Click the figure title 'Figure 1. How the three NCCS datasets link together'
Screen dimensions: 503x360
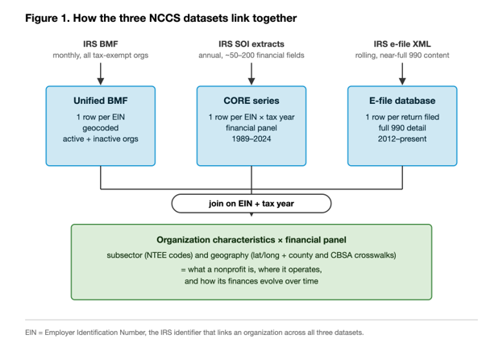click(x=160, y=19)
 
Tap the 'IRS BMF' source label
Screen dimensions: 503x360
click(x=101, y=44)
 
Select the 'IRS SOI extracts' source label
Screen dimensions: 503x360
click(x=251, y=44)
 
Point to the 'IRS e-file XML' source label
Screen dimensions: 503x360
click(x=402, y=44)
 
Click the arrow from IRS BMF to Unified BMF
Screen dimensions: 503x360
click(x=101, y=74)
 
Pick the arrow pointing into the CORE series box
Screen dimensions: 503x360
click(x=251, y=74)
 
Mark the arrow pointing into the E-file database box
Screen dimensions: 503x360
click(x=402, y=74)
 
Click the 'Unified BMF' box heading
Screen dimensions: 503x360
click(x=101, y=101)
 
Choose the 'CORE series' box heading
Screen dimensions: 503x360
click(x=251, y=101)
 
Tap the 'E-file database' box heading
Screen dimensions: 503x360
click(x=402, y=101)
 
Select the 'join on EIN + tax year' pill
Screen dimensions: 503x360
click(x=251, y=204)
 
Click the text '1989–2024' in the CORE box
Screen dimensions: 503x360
click(x=251, y=139)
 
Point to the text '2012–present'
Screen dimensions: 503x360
click(x=402, y=139)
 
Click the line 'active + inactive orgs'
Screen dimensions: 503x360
click(x=101, y=139)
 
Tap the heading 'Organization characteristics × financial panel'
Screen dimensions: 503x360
click(x=251, y=240)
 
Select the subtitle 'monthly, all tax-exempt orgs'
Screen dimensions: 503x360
click(x=101, y=56)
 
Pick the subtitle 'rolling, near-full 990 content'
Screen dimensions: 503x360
click(x=402, y=56)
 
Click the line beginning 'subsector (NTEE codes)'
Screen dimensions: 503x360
click(x=251, y=255)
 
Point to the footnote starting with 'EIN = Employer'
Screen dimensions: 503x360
click(x=194, y=333)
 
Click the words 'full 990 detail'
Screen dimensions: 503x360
click(x=402, y=128)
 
